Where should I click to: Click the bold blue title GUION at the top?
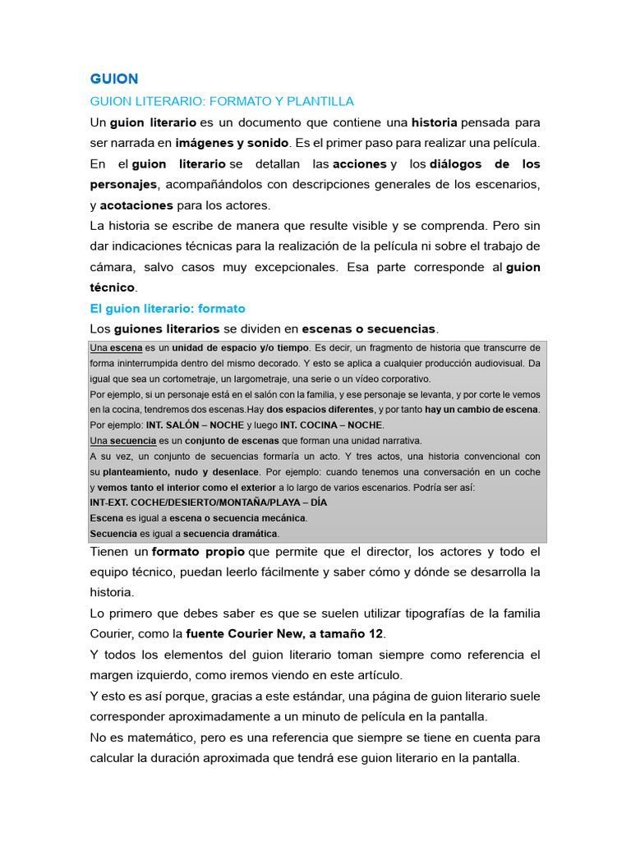tap(114, 79)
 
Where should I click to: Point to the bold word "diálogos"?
tap(444, 163)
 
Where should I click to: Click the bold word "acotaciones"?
tap(136, 205)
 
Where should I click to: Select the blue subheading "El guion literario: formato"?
tap(168, 308)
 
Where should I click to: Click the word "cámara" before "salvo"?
tap(112, 267)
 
